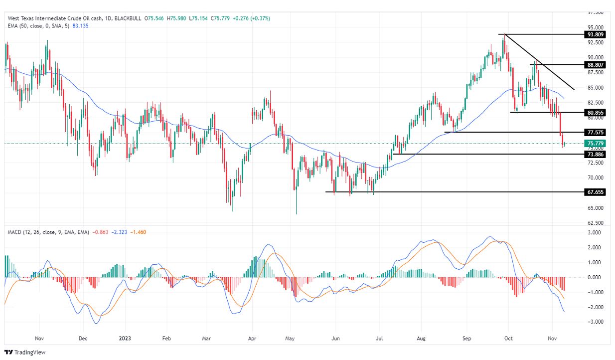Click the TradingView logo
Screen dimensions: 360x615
point(24,352)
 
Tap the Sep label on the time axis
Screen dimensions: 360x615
point(466,338)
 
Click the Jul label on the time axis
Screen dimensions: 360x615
point(379,338)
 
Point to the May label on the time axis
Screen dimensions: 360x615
point(290,338)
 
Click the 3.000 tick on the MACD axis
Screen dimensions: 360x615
point(596,232)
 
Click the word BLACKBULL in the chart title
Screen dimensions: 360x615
point(128,18)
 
